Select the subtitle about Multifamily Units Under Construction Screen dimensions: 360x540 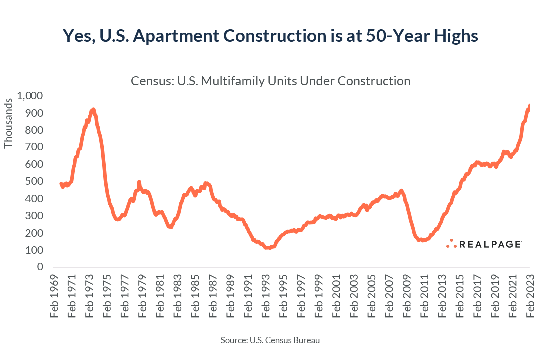coord(270,81)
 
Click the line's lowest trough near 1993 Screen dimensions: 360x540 coord(269,247)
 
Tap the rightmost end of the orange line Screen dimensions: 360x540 coord(529,105)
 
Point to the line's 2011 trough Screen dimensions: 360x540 coord(423,240)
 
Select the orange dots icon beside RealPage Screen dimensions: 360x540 coord(451,243)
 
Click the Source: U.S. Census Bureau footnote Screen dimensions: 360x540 coord(270,340)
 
